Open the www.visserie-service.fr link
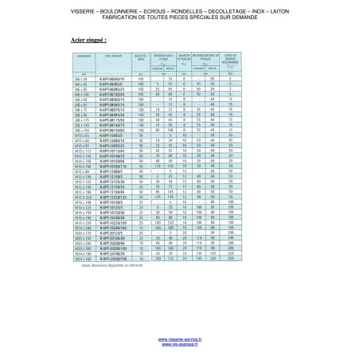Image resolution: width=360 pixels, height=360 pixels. click(x=179, y=338)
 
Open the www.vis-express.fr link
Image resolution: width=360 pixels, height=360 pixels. click(x=179, y=343)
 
